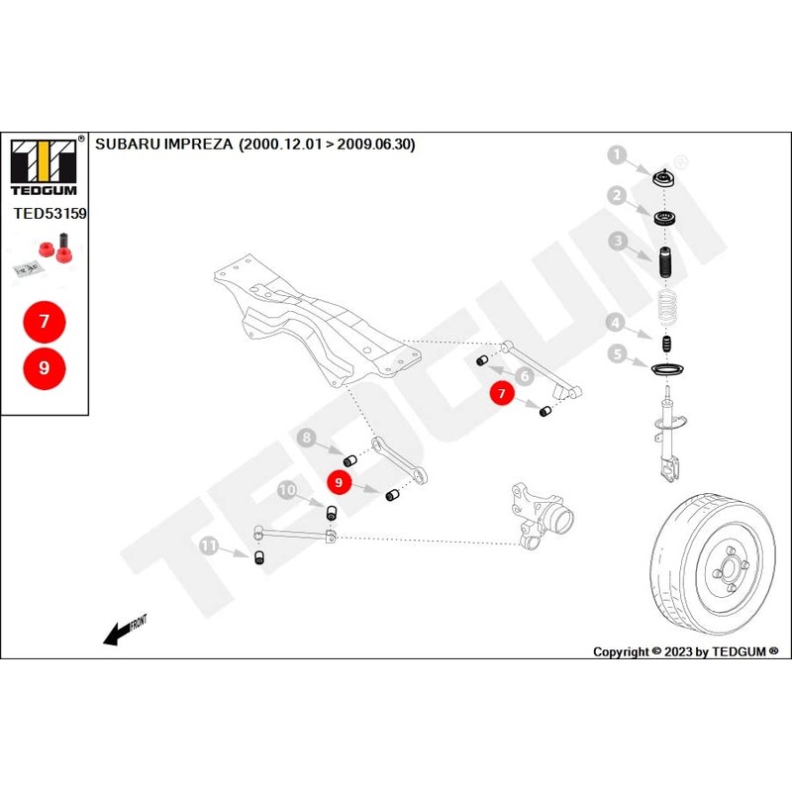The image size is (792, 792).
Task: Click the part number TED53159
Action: pyautogui.click(x=49, y=213)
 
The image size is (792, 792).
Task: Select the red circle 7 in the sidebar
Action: pyautogui.click(x=44, y=321)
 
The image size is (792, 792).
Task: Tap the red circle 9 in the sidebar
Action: pyautogui.click(x=44, y=367)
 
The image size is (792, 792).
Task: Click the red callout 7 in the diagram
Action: pyautogui.click(x=502, y=394)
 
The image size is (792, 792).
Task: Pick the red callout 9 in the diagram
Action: pyautogui.click(x=340, y=482)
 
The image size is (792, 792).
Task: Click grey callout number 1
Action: pyautogui.click(x=617, y=155)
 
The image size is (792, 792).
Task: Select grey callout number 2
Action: pyautogui.click(x=616, y=196)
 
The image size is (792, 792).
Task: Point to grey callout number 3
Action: pyautogui.click(x=617, y=240)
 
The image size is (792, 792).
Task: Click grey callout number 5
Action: pyautogui.click(x=616, y=352)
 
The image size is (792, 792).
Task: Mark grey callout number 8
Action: pyautogui.click(x=308, y=438)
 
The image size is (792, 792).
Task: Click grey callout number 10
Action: pyautogui.click(x=287, y=490)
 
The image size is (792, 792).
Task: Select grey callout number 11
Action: pyautogui.click(x=209, y=544)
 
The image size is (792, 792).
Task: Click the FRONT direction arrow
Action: pyautogui.click(x=124, y=630)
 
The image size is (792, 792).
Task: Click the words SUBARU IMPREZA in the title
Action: pyautogui.click(x=163, y=144)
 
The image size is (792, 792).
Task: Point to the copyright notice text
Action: pyautogui.click(x=685, y=651)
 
